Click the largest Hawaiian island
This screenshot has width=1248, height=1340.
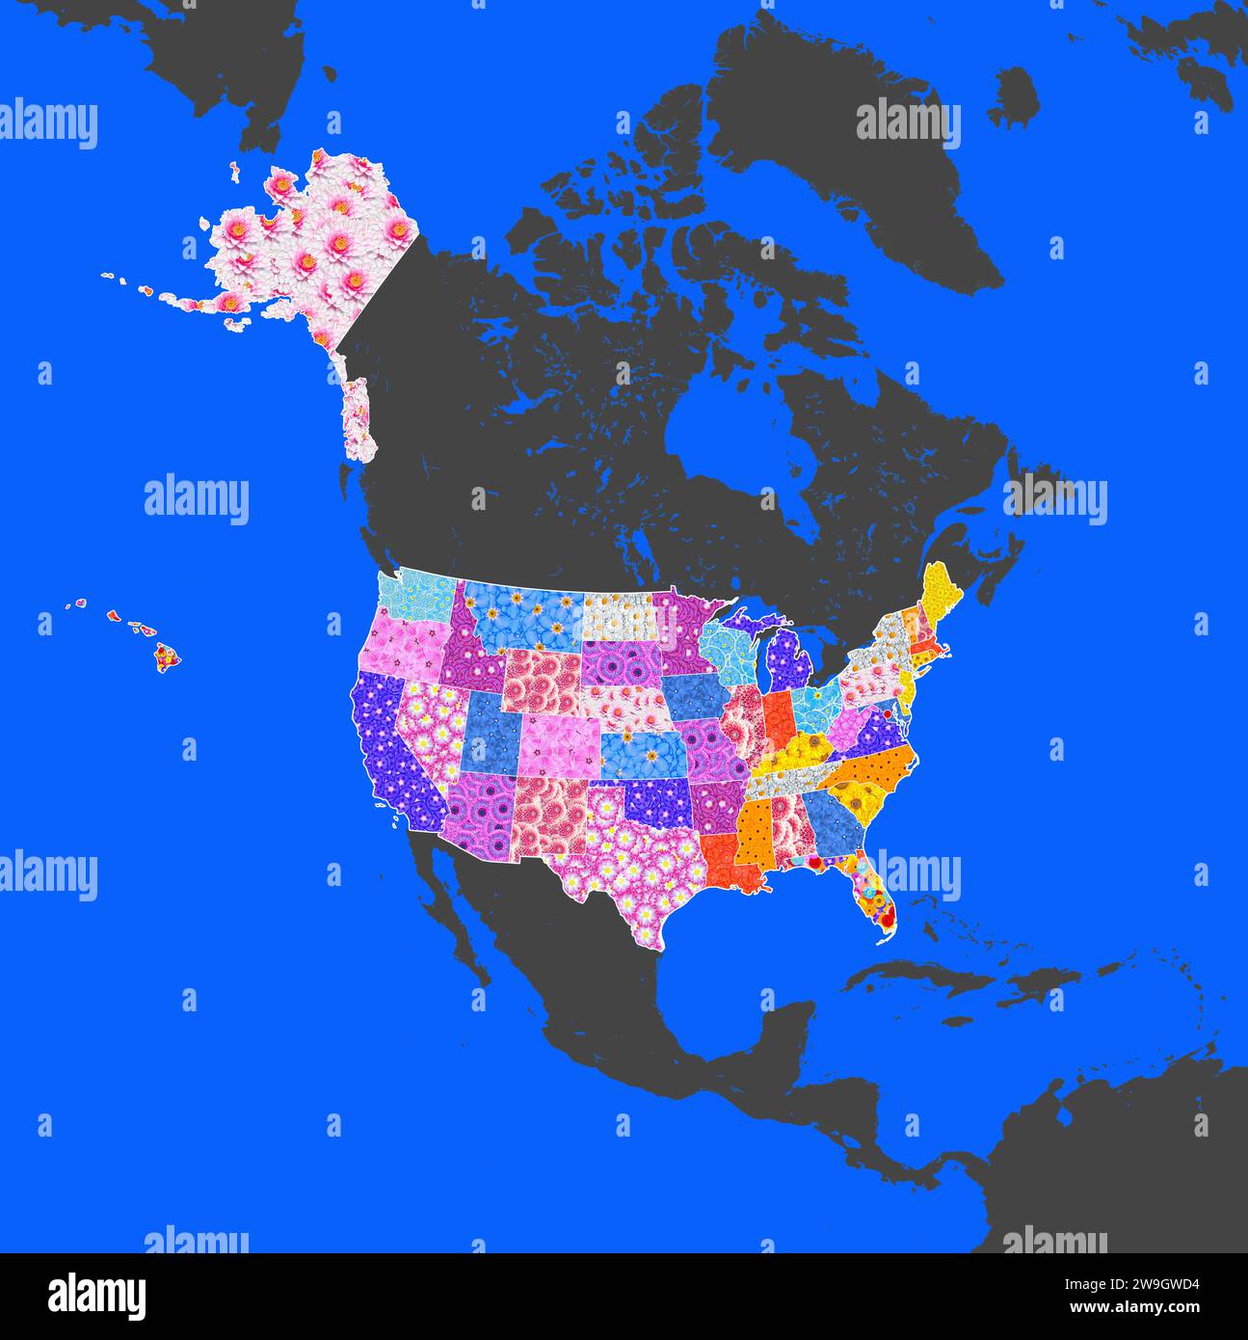[x=169, y=659]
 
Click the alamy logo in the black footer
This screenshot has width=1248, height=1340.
[x=97, y=1295]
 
